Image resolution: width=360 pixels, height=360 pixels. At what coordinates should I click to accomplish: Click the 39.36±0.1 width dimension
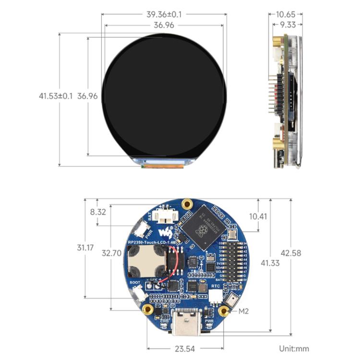click(x=164, y=14)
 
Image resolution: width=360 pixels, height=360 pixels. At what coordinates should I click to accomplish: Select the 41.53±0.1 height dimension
click(x=56, y=96)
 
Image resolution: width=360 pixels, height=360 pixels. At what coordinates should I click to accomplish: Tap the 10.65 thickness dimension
click(x=289, y=14)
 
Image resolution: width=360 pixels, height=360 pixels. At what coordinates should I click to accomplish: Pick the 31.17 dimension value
click(x=85, y=248)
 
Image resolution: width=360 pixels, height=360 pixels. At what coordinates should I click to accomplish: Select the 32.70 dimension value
click(x=112, y=253)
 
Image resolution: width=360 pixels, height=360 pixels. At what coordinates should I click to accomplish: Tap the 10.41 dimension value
click(x=258, y=216)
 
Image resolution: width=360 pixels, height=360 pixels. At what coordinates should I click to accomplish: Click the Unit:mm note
click(x=294, y=349)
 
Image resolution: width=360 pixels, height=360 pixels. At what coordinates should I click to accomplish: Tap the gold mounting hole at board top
click(x=188, y=204)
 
